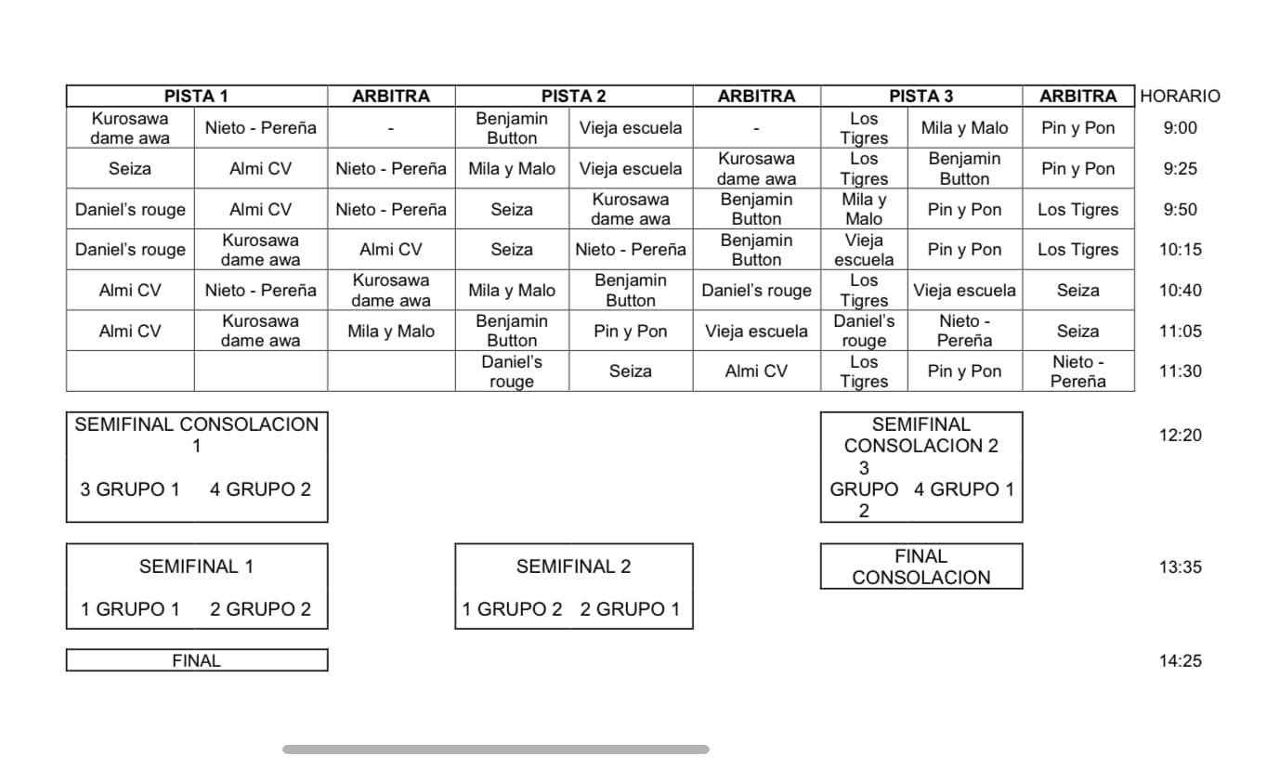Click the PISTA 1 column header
pos(196,97)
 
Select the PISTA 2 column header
pos(573,97)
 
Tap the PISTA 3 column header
pos(921,97)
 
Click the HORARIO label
pos(1180,97)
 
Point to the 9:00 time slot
pos(1180,128)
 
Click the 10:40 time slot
pos(1180,290)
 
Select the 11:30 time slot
pos(1180,371)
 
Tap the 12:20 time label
pos(1180,435)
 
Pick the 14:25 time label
pos(1180,660)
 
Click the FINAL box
pos(197,660)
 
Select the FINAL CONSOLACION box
pos(921,567)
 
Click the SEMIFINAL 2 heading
pos(573,567)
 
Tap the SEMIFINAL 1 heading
pos(196,567)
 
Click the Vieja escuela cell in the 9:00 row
pos(631,128)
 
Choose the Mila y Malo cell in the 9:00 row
pos(964,128)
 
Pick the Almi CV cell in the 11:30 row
pos(756,371)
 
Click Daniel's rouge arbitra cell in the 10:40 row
pos(756,290)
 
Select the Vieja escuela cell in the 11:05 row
pos(756,331)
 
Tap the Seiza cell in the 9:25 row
pos(130,168)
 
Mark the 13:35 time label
pos(1180,567)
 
